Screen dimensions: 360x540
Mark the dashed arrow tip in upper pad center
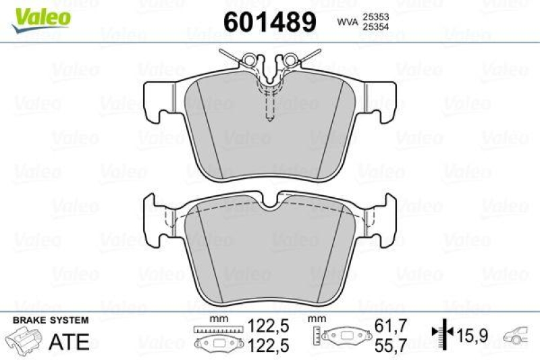(x=269, y=121)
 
